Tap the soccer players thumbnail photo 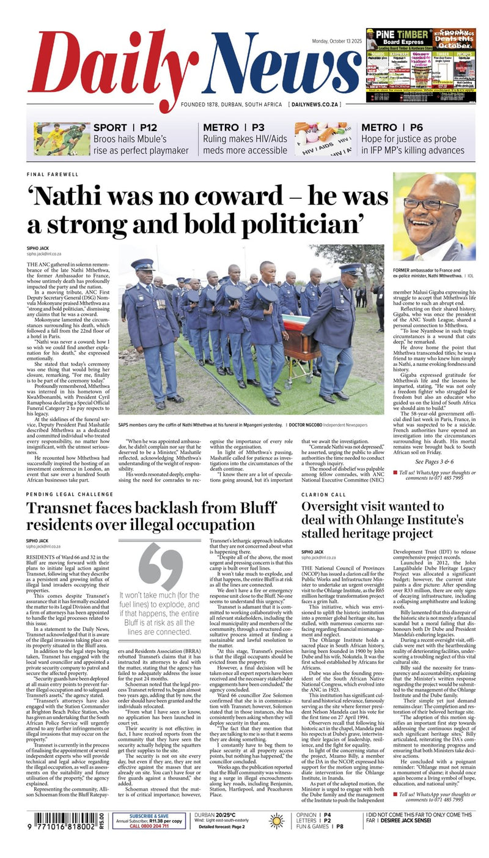tap(61, 138)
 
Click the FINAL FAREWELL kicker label tap(53, 174)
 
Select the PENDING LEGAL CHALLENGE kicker tap(68, 494)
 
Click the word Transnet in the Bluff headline tap(67, 508)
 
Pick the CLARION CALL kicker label tap(323, 494)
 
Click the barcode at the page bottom tap(64, 821)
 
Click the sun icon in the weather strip tap(277, 821)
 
